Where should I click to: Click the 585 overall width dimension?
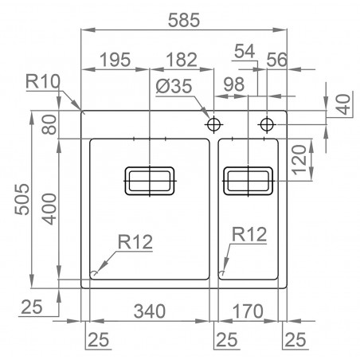184,20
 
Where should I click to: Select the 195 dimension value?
115,60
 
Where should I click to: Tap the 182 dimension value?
182,60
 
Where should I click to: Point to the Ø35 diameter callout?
174,86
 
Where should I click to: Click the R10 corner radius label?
43,81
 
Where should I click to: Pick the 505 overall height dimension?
22,199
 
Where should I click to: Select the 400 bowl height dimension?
49,209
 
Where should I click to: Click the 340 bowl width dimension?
150,311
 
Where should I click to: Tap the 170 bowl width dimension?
248,311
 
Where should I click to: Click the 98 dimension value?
234,84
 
